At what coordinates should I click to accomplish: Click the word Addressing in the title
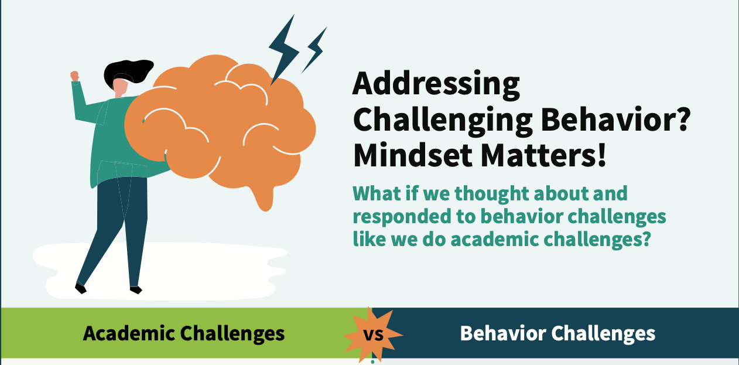tap(436, 85)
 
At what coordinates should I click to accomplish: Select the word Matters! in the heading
tap(543, 156)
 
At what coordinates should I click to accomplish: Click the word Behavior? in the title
tap(615, 120)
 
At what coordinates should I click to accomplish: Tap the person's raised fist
tap(75, 76)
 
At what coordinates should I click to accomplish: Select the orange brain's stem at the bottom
tap(264, 198)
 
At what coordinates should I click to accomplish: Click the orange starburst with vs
tap(373, 335)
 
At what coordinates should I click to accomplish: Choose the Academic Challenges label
tap(184, 333)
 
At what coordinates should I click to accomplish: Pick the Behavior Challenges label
tap(557, 333)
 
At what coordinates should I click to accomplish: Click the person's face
tap(120, 87)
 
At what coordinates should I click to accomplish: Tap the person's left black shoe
tap(80, 289)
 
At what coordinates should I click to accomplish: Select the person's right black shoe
tap(136, 290)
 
